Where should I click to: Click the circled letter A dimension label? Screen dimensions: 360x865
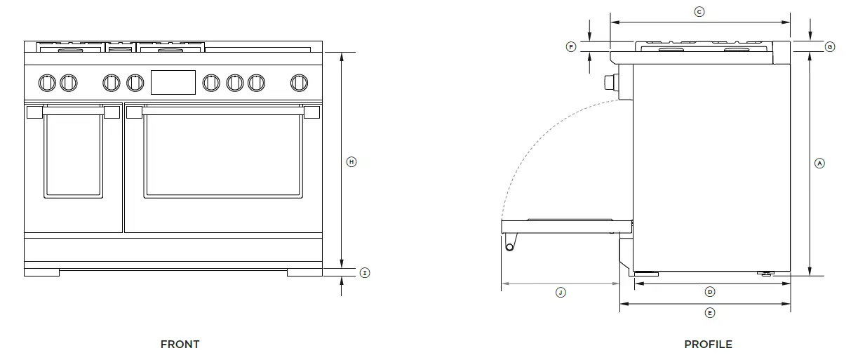pyautogui.click(x=819, y=163)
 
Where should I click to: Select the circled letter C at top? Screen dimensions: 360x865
pyautogui.click(x=699, y=12)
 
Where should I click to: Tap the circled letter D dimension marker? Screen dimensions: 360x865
pyautogui.click(x=709, y=291)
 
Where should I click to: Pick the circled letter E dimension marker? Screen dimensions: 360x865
pyautogui.click(x=709, y=312)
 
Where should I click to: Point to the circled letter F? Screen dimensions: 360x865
pyautogui.click(x=571, y=47)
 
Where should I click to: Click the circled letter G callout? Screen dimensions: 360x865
pyautogui.click(x=829, y=47)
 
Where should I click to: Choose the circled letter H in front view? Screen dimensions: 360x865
pyautogui.click(x=352, y=161)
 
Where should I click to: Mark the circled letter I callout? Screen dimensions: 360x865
pyautogui.click(x=364, y=272)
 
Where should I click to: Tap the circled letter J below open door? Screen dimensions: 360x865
pyautogui.click(x=560, y=292)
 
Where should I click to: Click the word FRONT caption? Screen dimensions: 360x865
pyautogui.click(x=180, y=344)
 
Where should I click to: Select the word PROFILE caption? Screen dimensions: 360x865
pyautogui.click(x=708, y=344)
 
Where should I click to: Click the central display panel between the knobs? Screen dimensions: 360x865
pyautogui.click(x=173, y=82)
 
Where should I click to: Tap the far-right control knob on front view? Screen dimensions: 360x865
pyautogui.click(x=300, y=82)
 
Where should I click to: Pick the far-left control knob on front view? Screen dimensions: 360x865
pyautogui.click(x=48, y=82)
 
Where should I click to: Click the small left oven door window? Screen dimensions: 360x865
pyautogui.click(x=73, y=155)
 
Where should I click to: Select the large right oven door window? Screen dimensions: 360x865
pyautogui.click(x=223, y=154)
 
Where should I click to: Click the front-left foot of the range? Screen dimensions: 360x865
pyautogui.click(x=42, y=272)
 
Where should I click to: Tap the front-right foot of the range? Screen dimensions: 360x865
pyautogui.click(x=306, y=272)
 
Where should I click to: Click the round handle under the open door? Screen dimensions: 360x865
pyautogui.click(x=510, y=244)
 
